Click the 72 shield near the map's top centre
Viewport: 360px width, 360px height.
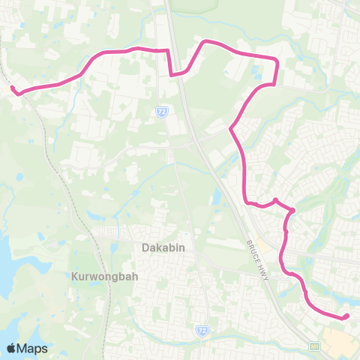pos(162,111)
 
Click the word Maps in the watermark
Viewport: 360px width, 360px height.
pos(33,348)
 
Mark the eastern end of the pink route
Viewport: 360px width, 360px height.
pos(346,316)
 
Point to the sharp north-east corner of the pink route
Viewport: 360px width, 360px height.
pos(277,59)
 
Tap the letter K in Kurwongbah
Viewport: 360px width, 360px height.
pos(75,275)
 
